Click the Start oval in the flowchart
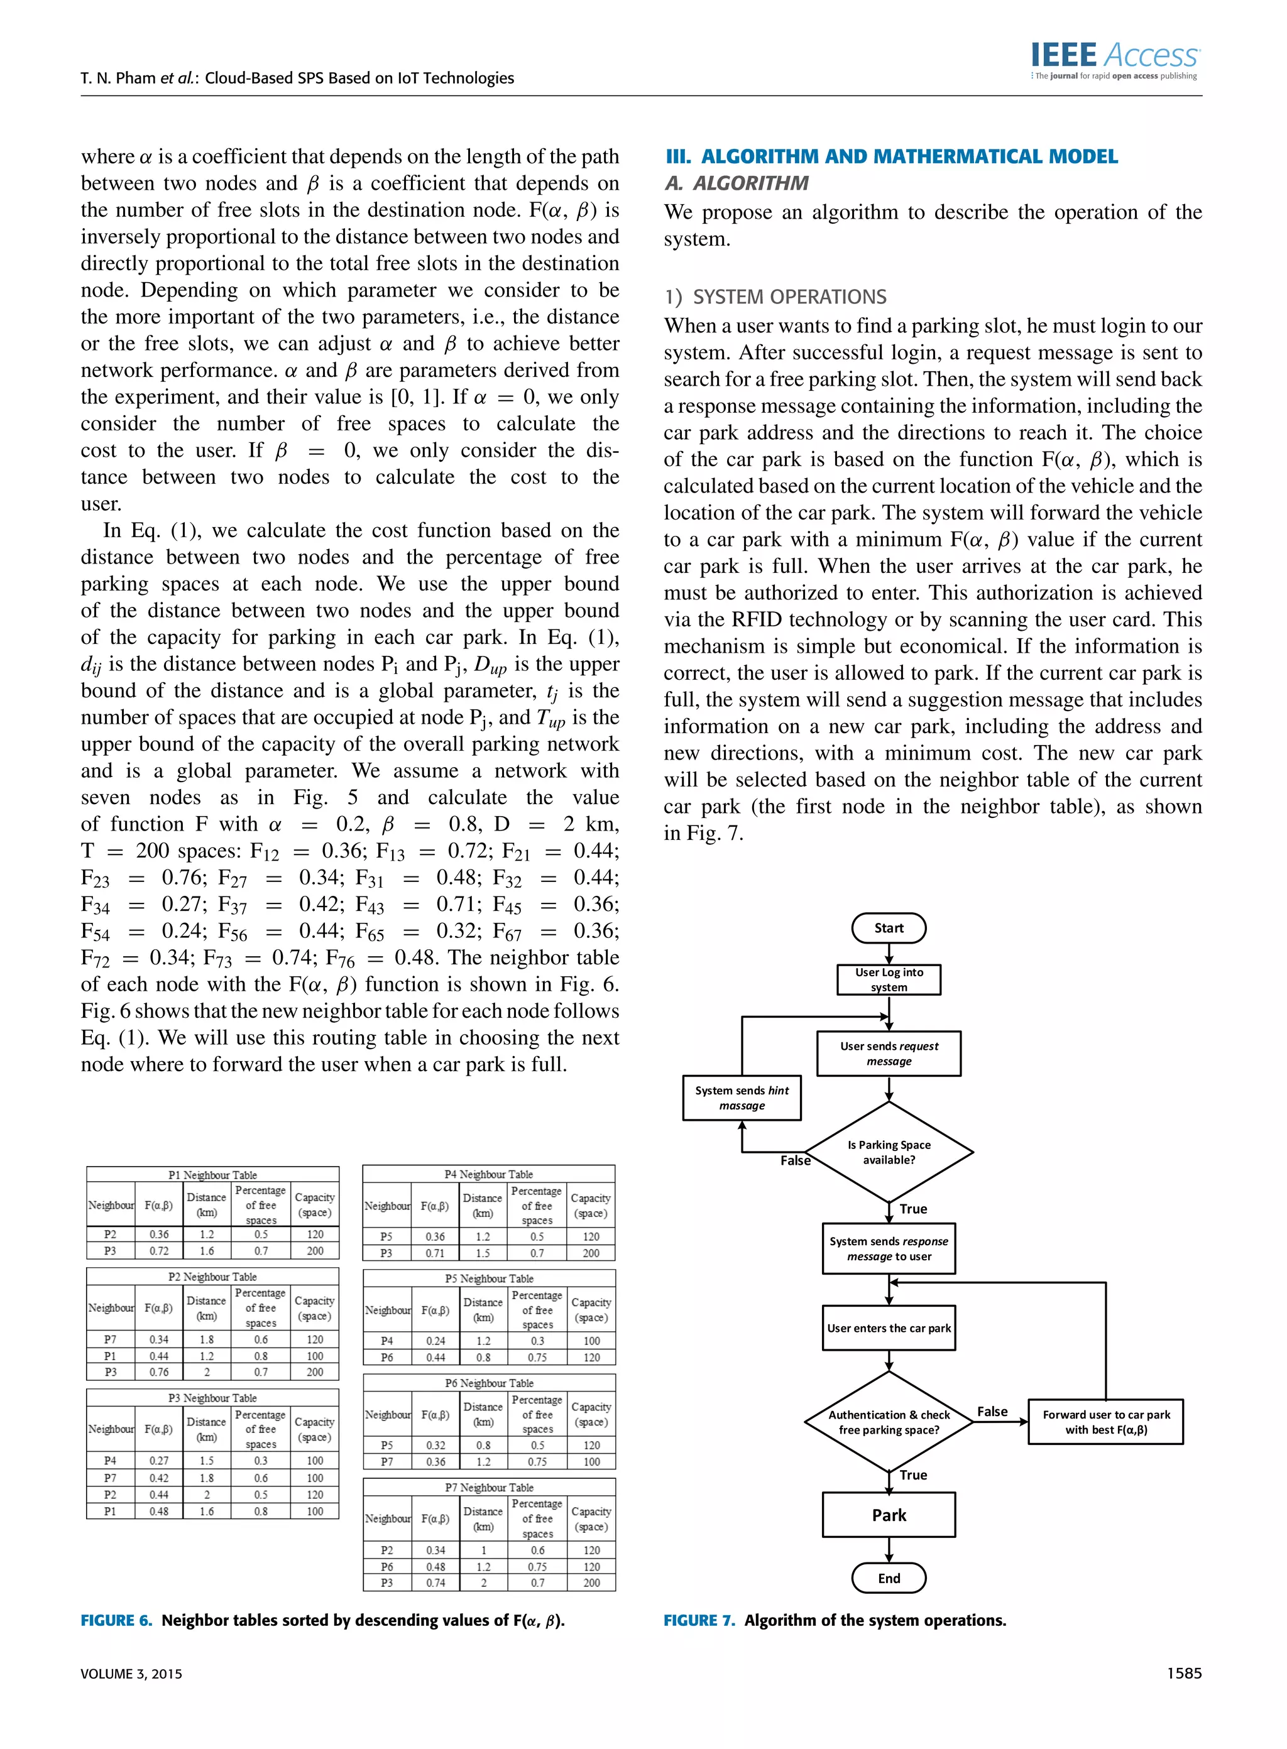pos(889,929)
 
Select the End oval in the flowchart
pos(889,1579)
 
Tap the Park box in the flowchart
pos(889,1515)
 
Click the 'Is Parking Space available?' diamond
pos(889,1152)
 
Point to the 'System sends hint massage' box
pos(742,1098)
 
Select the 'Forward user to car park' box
pos(1105,1422)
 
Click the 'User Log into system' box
pos(889,979)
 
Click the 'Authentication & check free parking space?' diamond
pos(889,1422)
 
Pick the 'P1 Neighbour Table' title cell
pos(212,1175)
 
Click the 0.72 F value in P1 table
pos(159,1251)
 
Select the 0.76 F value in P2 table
pos(159,1372)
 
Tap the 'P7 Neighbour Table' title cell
pos(490,1488)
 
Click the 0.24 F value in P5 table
pos(435,1341)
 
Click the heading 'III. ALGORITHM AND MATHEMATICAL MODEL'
pos(891,156)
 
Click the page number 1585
pos(1184,1674)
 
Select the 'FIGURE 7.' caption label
pos(699,1620)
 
